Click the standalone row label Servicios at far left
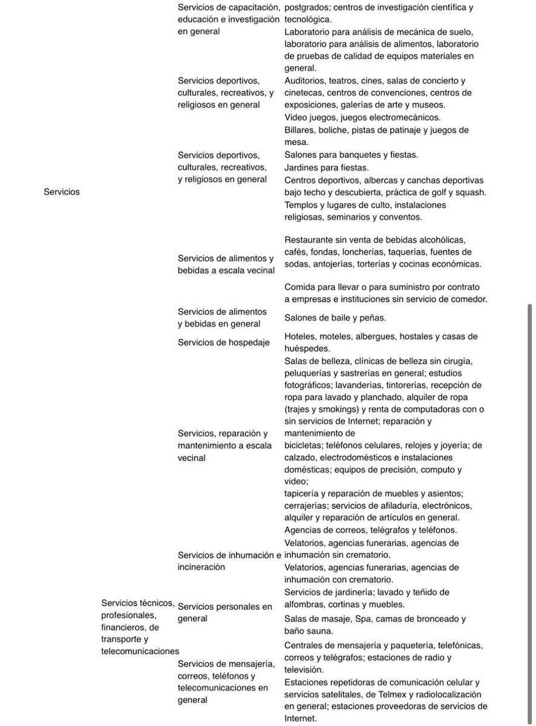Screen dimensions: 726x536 coord(62,192)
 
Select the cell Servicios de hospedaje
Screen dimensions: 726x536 coord(223,342)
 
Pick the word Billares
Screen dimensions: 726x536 coord(299,130)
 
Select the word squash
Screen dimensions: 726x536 coord(472,192)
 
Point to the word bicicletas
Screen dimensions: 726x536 coord(306,445)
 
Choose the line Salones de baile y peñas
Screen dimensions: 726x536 coord(335,318)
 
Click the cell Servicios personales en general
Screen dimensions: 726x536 coord(224,612)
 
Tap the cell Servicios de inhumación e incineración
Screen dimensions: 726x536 coord(229,561)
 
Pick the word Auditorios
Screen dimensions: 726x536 coord(304,80)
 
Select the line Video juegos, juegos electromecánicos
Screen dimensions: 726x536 coord(362,117)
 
